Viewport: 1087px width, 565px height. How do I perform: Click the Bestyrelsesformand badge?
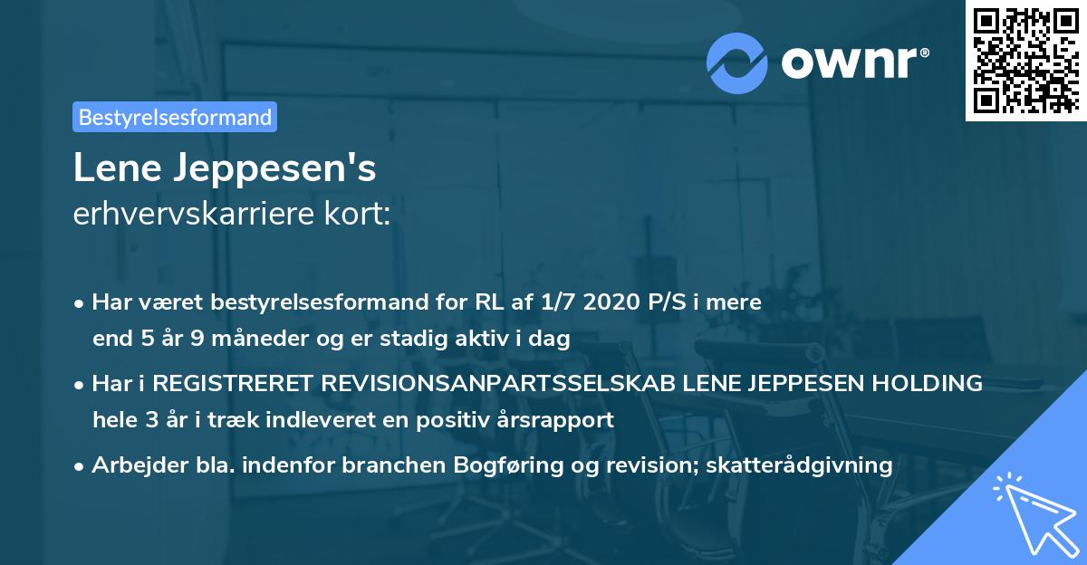click(x=175, y=117)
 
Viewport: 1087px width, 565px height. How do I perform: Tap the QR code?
click(x=1025, y=61)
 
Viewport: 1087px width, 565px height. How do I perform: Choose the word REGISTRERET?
click(x=233, y=384)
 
